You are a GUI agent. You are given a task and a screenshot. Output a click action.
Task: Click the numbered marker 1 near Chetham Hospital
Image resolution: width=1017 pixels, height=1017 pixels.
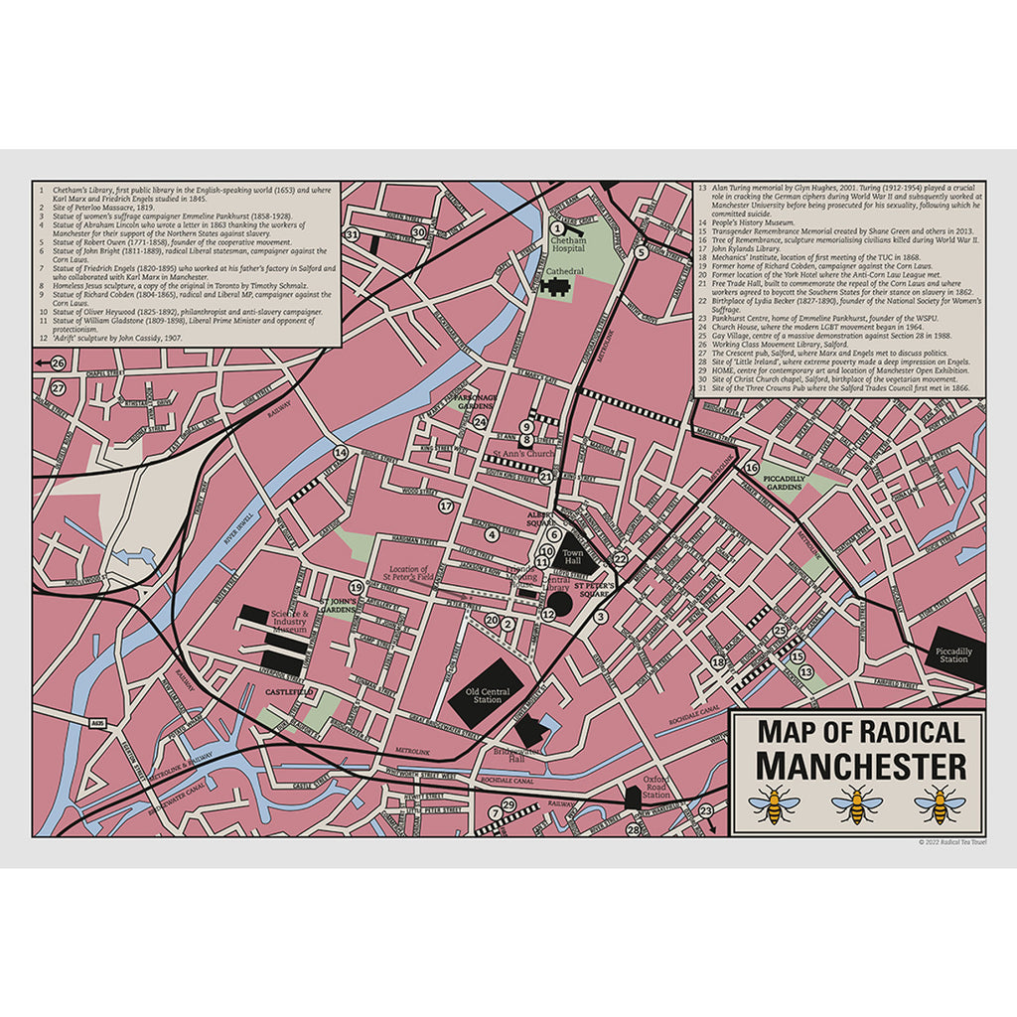click(557, 228)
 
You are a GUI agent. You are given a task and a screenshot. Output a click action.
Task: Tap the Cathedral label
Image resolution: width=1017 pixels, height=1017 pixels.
click(563, 270)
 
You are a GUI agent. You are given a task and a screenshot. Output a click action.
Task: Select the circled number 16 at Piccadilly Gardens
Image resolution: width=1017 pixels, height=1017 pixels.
click(752, 467)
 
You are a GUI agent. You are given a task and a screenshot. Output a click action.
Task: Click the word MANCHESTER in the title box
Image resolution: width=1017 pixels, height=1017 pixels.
click(859, 766)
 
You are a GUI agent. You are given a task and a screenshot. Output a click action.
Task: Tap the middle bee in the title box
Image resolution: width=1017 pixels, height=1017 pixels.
click(856, 805)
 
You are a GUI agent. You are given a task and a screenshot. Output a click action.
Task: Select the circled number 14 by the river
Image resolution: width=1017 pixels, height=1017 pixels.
click(341, 453)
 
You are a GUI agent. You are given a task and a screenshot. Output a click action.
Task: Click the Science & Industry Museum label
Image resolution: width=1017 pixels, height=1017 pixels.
click(292, 622)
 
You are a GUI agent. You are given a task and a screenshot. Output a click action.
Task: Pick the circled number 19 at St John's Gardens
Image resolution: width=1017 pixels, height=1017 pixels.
click(356, 588)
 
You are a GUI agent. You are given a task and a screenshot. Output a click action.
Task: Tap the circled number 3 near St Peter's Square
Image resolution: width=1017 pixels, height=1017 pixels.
click(600, 617)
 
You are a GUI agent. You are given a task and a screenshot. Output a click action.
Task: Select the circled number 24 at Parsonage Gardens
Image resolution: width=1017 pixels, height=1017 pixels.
click(481, 422)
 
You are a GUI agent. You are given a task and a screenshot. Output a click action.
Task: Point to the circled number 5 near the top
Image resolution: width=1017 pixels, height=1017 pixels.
click(642, 252)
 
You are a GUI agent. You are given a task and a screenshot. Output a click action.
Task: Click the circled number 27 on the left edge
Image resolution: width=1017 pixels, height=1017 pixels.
click(59, 388)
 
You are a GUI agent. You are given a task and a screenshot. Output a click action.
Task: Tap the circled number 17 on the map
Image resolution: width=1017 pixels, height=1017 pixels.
click(446, 507)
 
